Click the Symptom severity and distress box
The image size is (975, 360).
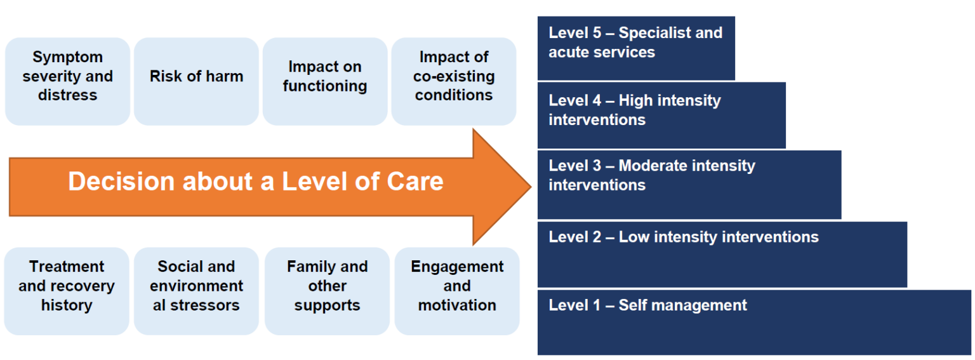[x=67, y=81]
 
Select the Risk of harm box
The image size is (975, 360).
[x=196, y=81]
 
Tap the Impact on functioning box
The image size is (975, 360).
[x=325, y=81]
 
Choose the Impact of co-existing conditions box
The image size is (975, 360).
[x=453, y=81]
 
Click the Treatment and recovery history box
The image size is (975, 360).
[x=67, y=291]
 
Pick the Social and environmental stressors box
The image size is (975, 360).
[x=196, y=291]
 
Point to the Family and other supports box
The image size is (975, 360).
[x=327, y=291]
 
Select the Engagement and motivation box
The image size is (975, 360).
[x=457, y=291]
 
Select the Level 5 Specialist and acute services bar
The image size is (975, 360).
[x=635, y=48]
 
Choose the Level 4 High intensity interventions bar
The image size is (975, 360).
[x=661, y=115]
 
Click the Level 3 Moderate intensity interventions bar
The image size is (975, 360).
[x=689, y=184]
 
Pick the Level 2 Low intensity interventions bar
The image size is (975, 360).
[x=722, y=254]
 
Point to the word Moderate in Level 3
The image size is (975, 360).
[x=653, y=166]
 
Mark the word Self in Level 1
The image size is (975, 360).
[x=632, y=305]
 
